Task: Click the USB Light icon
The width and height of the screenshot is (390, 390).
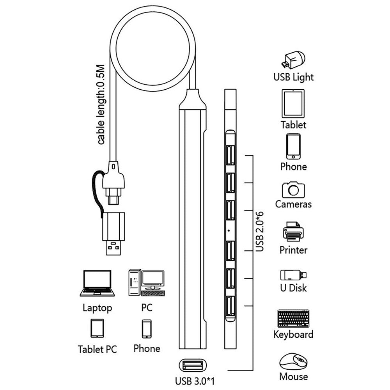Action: pos(293,60)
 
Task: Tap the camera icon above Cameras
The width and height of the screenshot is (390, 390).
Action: pos(293,190)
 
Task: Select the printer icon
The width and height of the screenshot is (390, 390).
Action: pos(293,232)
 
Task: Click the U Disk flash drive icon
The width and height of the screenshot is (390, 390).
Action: pos(293,275)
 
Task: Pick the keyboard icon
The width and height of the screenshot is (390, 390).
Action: pos(293,318)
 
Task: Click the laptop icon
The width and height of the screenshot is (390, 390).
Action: pos(97,284)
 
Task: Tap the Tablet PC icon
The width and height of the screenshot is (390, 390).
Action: pos(97,328)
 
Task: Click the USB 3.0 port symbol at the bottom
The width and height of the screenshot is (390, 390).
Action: pos(191,365)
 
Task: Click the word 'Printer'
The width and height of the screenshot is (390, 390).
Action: pos(293,250)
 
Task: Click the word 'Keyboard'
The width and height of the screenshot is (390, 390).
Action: pos(293,334)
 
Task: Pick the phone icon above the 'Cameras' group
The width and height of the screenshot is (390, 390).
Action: pos(293,147)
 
